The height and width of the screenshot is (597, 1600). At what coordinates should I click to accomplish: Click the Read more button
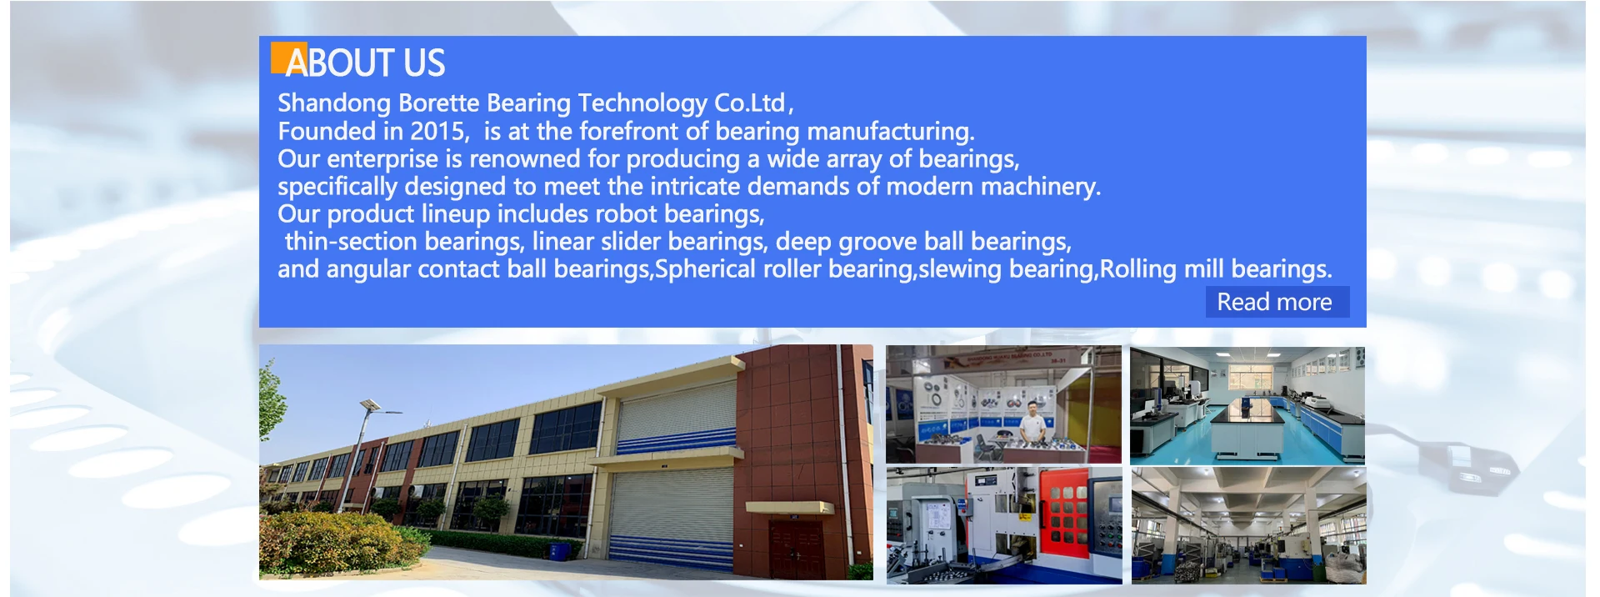tap(1277, 302)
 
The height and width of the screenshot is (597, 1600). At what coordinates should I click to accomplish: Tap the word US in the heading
tap(424, 63)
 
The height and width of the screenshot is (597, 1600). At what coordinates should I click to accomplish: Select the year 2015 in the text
tap(437, 131)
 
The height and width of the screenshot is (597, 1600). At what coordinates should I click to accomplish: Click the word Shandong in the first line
tap(334, 103)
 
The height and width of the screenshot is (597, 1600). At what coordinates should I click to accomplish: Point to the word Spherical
tap(705, 269)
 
